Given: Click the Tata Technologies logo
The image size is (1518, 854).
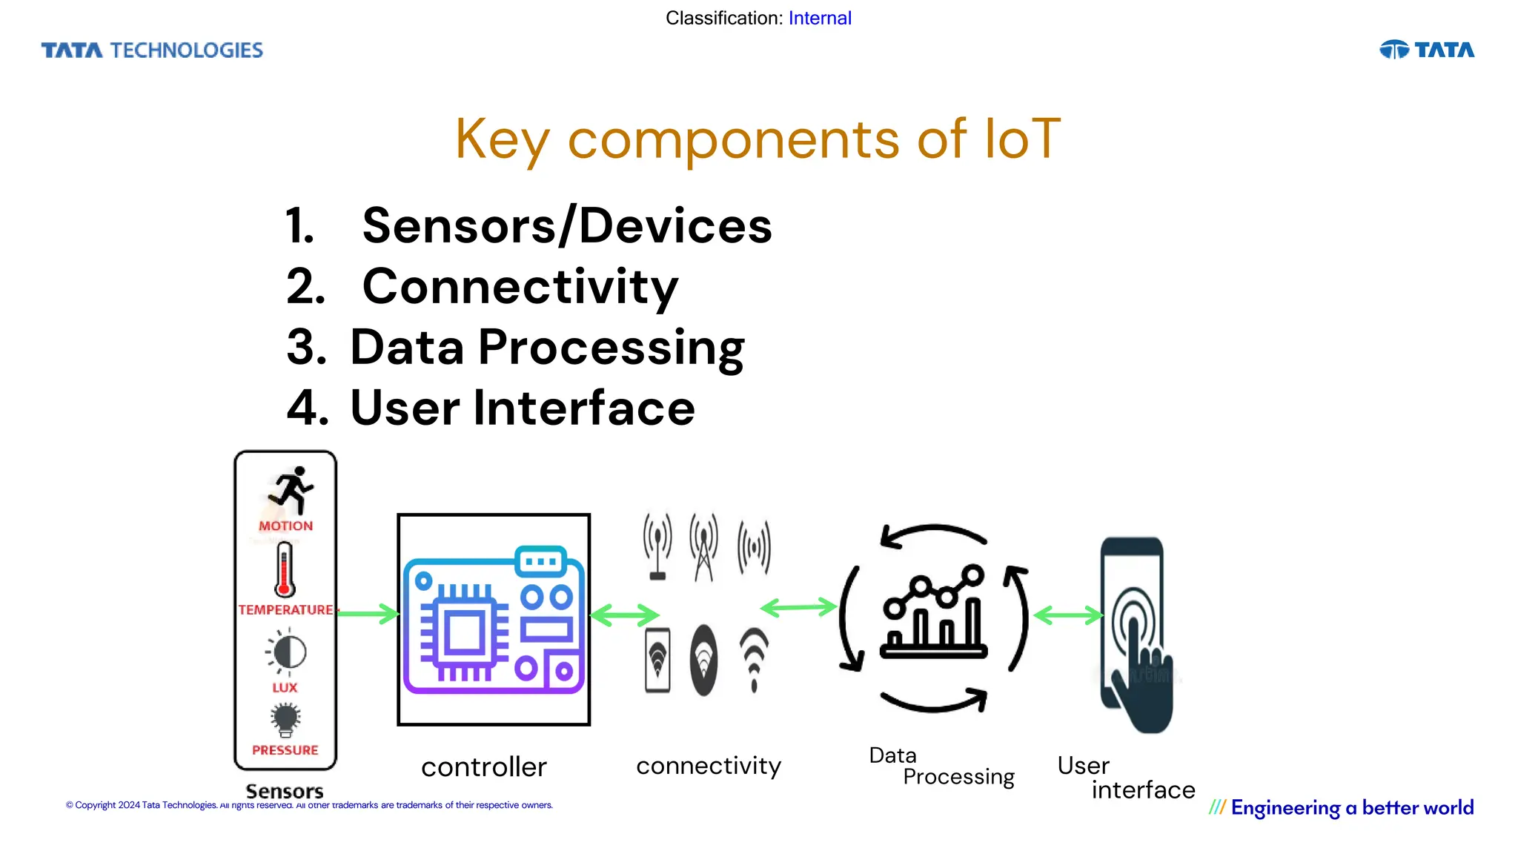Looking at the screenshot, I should [152, 50].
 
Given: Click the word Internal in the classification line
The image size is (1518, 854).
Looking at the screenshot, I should [819, 18].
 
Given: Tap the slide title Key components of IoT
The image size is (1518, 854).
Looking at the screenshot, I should [758, 139].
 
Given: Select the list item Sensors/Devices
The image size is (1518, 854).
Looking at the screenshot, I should [566, 225].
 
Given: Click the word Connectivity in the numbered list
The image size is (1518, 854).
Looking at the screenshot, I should [520, 287].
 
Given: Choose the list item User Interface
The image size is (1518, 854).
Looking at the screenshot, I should [522, 408].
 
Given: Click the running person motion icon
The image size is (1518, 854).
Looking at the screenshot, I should [291, 490].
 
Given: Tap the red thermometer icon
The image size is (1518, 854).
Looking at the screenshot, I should [285, 569].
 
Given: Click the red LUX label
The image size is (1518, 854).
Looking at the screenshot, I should [285, 687].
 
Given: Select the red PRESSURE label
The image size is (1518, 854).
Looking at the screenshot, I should [285, 750].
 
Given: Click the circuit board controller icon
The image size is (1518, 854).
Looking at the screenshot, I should [494, 620].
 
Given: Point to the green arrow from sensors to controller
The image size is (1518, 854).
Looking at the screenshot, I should [368, 614].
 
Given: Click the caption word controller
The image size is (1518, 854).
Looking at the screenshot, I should [483, 767].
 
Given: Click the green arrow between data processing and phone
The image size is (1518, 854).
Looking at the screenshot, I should [1067, 615].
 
